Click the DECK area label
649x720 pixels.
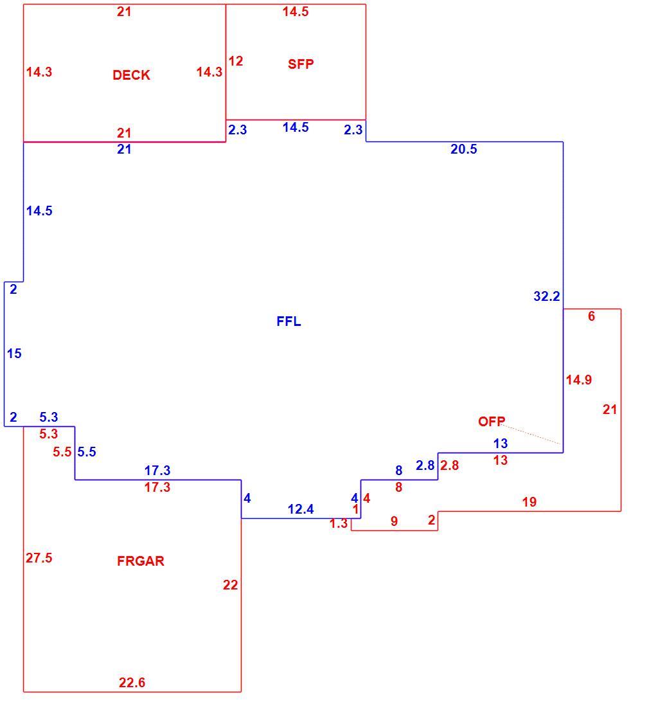tap(131, 75)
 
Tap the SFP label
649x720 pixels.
tap(301, 64)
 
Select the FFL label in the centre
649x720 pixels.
tap(289, 321)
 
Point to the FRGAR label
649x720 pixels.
tap(141, 561)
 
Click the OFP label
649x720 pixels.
tap(492, 422)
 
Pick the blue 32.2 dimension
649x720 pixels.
tap(547, 296)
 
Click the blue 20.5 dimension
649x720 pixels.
tap(463, 149)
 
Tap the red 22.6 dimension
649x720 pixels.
tap(132, 683)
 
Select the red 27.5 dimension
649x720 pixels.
tap(39, 558)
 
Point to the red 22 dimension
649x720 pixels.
tap(231, 585)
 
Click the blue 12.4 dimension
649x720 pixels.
tap(301, 509)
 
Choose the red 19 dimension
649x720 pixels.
tap(529, 502)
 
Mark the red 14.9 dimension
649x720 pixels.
tap(579, 380)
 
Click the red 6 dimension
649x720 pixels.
tap(592, 316)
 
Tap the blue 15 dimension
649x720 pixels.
tap(14, 354)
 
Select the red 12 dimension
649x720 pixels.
tap(235, 61)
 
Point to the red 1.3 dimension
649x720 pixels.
tap(338, 523)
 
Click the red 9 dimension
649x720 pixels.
tap(394, 521)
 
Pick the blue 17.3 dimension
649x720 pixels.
tap(157, 471)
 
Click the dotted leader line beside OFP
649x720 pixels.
tap(531, 435)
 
